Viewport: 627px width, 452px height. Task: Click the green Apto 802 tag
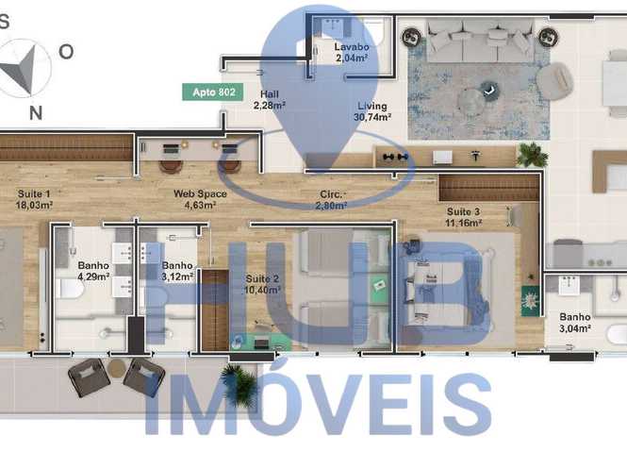click(213, 92)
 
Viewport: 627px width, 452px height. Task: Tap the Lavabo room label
click(352, 47)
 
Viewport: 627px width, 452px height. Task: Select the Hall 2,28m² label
click(269, 100)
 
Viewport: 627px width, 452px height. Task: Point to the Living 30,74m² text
click(371, 111)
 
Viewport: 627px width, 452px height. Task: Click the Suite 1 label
click(34, 194)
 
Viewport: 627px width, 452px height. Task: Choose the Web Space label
click(200, 193)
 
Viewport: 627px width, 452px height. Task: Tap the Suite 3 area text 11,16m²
click(464, 223)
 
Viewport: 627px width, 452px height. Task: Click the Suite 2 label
click(262, 278)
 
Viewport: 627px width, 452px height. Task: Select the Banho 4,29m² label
click(93, 271)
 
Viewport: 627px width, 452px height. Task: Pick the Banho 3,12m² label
click(177, 271)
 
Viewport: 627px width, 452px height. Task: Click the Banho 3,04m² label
click(575, 323)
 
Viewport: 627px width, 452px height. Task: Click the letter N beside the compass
click(36, 113)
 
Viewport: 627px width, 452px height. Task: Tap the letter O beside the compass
click(66, 52)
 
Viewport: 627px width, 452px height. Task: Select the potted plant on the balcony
click(239, 383)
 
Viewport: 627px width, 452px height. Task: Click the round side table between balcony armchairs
click(117, 368)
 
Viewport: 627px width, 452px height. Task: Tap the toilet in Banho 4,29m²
click(69, 289)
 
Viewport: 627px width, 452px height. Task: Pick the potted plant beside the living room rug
click(532, 155)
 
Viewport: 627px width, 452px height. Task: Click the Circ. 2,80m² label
click(333, 200)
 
